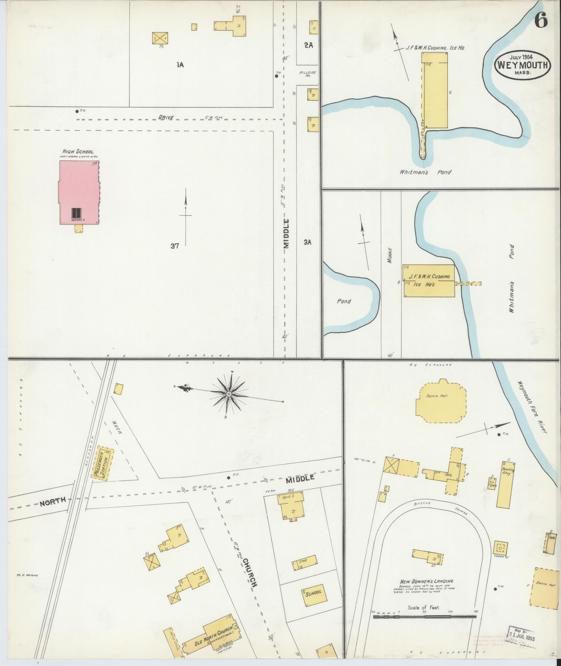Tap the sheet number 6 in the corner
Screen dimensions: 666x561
541,21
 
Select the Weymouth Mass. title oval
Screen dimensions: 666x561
523,65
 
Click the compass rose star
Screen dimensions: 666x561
229,394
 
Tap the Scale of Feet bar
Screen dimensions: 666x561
424,617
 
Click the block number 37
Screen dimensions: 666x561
175,246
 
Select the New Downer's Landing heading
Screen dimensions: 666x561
426,581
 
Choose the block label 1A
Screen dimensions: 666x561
180,64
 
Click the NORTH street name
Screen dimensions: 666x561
52,500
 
